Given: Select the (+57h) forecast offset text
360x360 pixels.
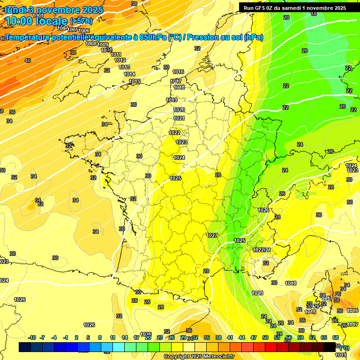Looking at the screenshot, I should coord(81,21).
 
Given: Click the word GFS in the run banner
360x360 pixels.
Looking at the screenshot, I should coord(262,7).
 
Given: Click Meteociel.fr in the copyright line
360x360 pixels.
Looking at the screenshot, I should coord(214,357).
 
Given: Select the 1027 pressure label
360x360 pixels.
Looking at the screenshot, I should coord(212,235).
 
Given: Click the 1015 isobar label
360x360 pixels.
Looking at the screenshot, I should coord(135,82).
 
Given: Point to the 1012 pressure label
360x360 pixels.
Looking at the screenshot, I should coord(120,60).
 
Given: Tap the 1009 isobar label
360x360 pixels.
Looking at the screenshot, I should coord(103,45).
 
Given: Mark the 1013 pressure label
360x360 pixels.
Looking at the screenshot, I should coord(124,67).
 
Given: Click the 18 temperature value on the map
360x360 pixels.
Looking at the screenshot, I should coord(314,14).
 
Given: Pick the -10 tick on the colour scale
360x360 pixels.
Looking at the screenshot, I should coord(32,337).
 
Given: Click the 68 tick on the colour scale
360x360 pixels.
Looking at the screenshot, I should coord(336,337).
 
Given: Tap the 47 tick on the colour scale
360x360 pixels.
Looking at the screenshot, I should coord(254,337).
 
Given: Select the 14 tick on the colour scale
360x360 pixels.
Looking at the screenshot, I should coord(125,337).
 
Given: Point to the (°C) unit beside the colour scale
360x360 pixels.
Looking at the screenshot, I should coord(345,347).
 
